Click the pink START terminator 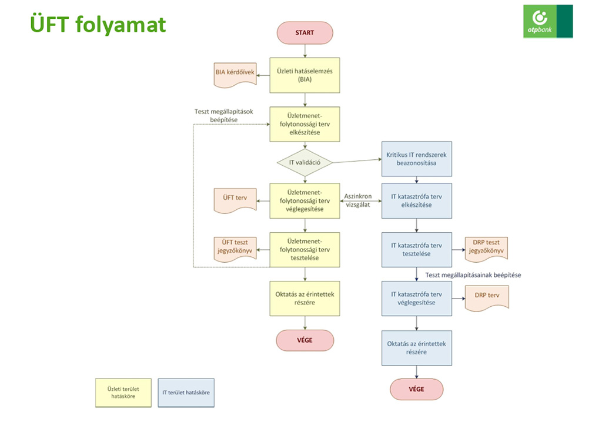point(305,33)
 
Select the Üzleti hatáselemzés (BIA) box point(305,75)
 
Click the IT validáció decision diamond point(305,162)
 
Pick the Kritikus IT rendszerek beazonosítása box point(416,159)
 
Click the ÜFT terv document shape point(234,198)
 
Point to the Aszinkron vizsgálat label point(360,200)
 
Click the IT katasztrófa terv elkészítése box point(416,200)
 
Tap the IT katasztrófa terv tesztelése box point(416,249)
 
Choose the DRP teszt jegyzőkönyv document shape point(486,248)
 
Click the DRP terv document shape point(486,296)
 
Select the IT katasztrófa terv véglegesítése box point(416,298)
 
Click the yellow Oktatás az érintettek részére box point(305,297)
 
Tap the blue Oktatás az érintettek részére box point(416,347)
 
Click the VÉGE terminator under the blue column point(416,388)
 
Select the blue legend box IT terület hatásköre point(186,392)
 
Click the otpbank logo point(547,21)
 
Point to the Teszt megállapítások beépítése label point(224,116)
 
